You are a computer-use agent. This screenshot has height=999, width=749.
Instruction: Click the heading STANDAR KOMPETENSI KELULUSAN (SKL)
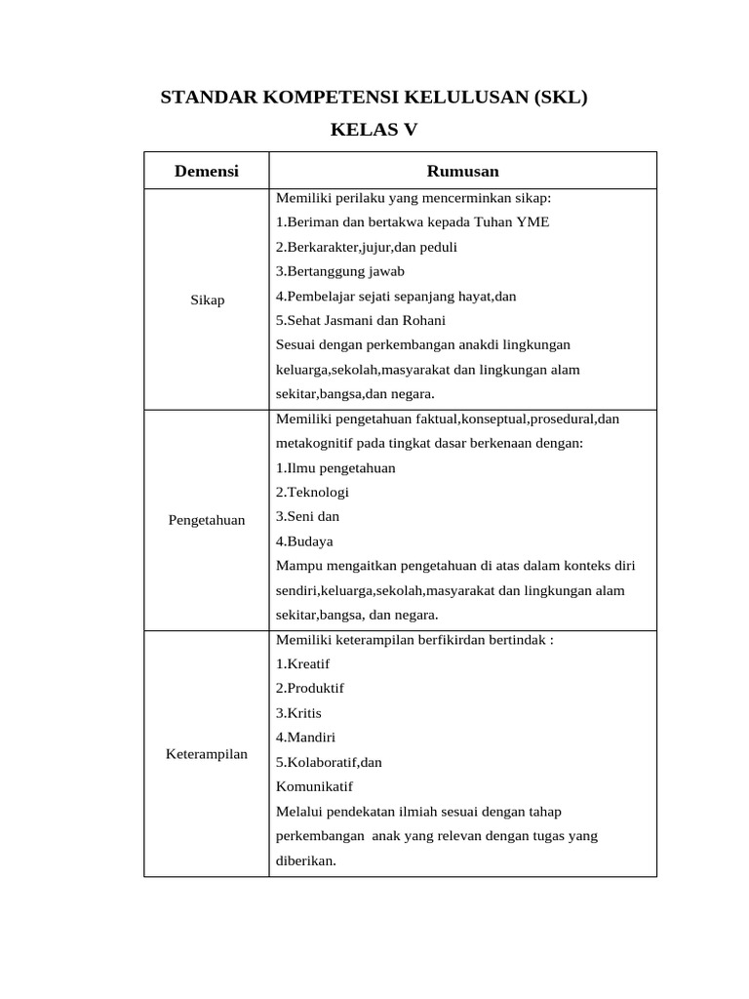374,99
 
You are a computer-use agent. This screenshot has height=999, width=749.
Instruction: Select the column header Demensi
206,171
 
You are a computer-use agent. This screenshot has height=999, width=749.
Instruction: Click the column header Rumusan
462,171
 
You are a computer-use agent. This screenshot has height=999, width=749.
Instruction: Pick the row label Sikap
207,300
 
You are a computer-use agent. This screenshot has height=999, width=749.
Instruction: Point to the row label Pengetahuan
207,520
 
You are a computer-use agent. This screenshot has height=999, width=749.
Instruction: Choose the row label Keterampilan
207,754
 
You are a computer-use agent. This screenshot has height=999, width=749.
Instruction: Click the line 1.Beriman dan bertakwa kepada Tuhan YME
413,222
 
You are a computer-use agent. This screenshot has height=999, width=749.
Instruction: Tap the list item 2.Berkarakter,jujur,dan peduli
366,247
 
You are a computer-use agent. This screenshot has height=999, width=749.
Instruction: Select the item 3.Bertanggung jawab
339,271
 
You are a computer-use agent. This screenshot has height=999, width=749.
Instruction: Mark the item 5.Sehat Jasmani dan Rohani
360,320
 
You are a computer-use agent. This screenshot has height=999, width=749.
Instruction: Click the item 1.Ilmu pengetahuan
335,467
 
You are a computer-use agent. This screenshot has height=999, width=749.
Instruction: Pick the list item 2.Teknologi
312,492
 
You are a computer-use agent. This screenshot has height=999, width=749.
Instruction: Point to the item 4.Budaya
304,540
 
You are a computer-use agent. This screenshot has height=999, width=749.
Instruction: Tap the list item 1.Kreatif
302,663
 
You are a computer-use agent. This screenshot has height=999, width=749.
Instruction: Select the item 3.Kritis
298,712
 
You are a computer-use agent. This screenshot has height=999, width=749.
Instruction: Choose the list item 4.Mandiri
305,738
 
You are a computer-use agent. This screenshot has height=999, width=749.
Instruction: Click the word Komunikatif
314,786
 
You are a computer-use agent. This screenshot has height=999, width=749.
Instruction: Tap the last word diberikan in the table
305,860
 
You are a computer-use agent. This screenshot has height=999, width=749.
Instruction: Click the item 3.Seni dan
307,516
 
